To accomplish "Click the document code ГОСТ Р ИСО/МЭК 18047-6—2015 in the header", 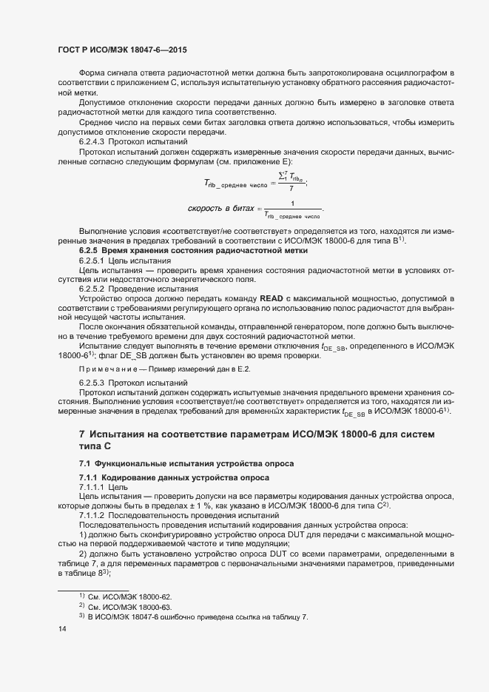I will (x=121, y=50).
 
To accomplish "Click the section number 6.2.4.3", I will (x=94, y=141).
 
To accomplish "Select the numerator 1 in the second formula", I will (x=292, y=204).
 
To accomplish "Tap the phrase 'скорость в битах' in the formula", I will (x=221, y=209).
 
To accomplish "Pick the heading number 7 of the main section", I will (x=82, y=433).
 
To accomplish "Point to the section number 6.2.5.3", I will (x=94, y=382).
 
